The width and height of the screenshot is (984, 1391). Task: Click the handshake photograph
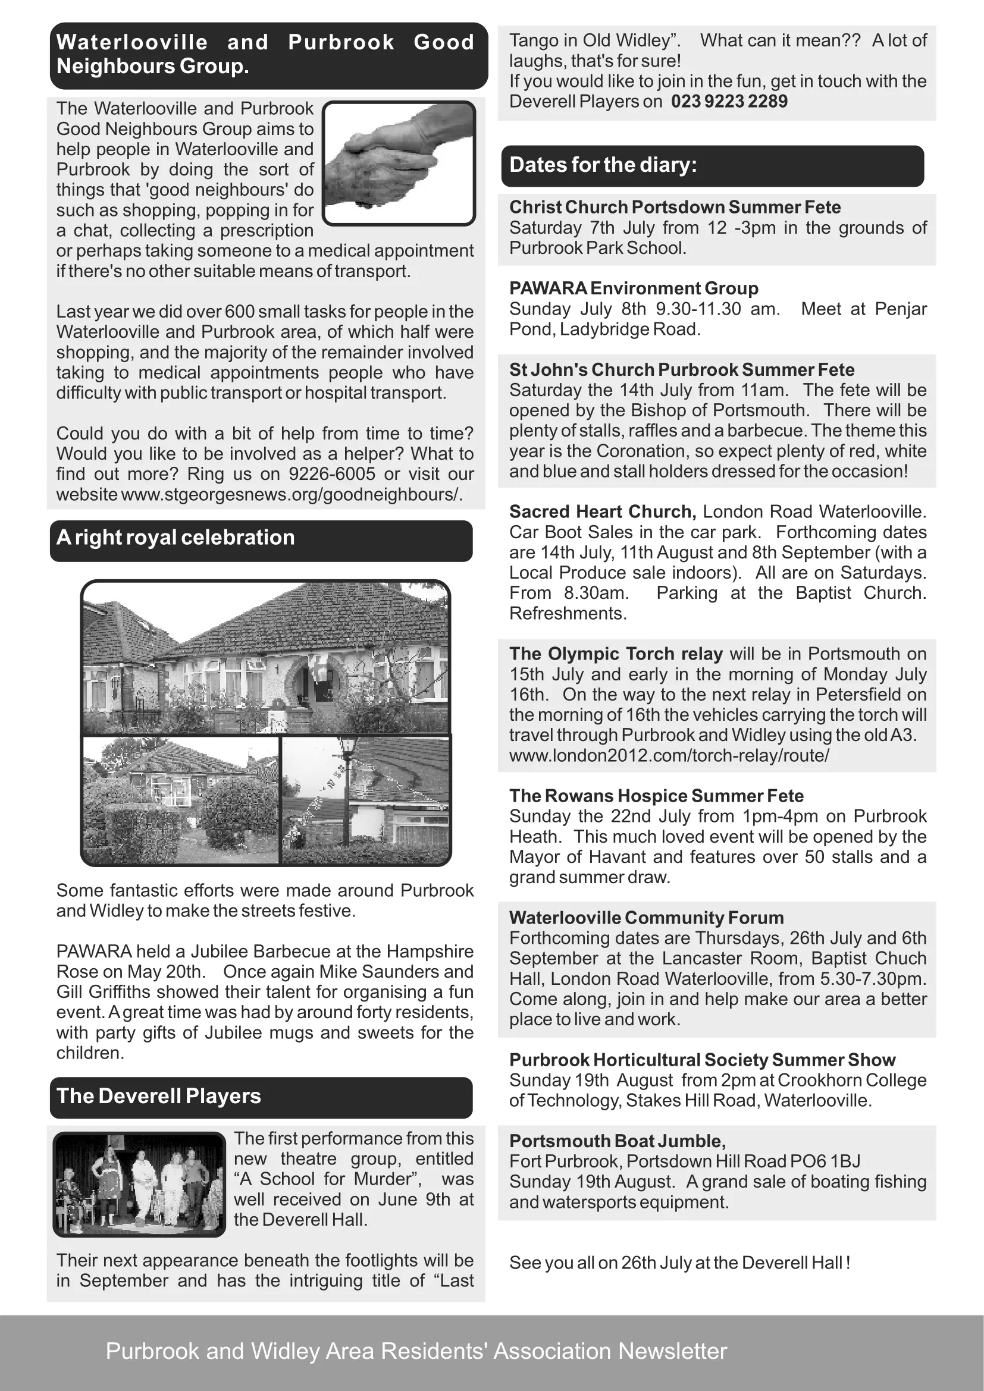coord(399,162)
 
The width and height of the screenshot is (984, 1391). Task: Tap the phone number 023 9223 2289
coord(729,101)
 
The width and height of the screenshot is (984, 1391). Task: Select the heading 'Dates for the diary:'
coord(603,165)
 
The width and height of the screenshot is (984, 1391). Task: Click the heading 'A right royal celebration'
coord(176,538)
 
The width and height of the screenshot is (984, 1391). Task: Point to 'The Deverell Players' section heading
coord(159,1096)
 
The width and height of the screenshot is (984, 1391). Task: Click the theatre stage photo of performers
coord(139,1184)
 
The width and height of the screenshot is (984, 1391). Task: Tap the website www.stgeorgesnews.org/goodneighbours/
coord(292,494)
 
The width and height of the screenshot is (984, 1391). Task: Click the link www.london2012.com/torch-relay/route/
coord(669,755)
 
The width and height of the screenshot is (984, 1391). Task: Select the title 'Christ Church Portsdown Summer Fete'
coord(675,207)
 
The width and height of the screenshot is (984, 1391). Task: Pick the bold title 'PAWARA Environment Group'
coord(633,288)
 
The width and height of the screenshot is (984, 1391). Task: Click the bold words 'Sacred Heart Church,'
coord(603,512)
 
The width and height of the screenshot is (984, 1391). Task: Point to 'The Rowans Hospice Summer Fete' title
coord(656,796)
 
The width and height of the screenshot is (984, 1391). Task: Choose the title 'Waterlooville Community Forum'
coord(647,918)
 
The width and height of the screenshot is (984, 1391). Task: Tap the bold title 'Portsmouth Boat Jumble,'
coord(618,1141)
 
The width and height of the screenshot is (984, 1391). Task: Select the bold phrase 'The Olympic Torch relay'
coord(616,654)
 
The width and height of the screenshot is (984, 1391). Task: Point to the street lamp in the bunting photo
coord(348,787)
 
